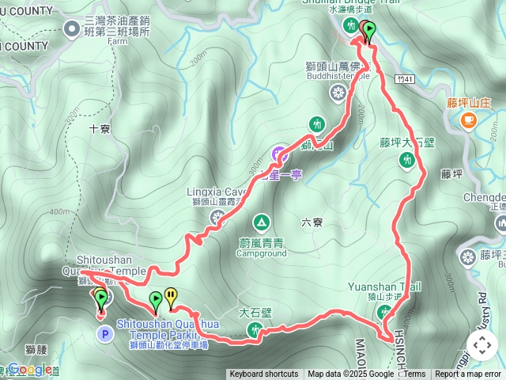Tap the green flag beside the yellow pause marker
click(156, 300)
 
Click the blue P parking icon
click(104, 334)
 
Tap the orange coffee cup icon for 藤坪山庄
click(469, 120)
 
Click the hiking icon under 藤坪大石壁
click(407, 161)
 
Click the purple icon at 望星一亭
click(278, 154)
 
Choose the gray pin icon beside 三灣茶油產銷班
click(73, 30)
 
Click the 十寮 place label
click(100, 127)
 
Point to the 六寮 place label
click(312, 222)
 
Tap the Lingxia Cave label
click(217, 191)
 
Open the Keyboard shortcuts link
click(264, 374)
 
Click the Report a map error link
click(469, 374)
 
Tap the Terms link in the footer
click(414, 374)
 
